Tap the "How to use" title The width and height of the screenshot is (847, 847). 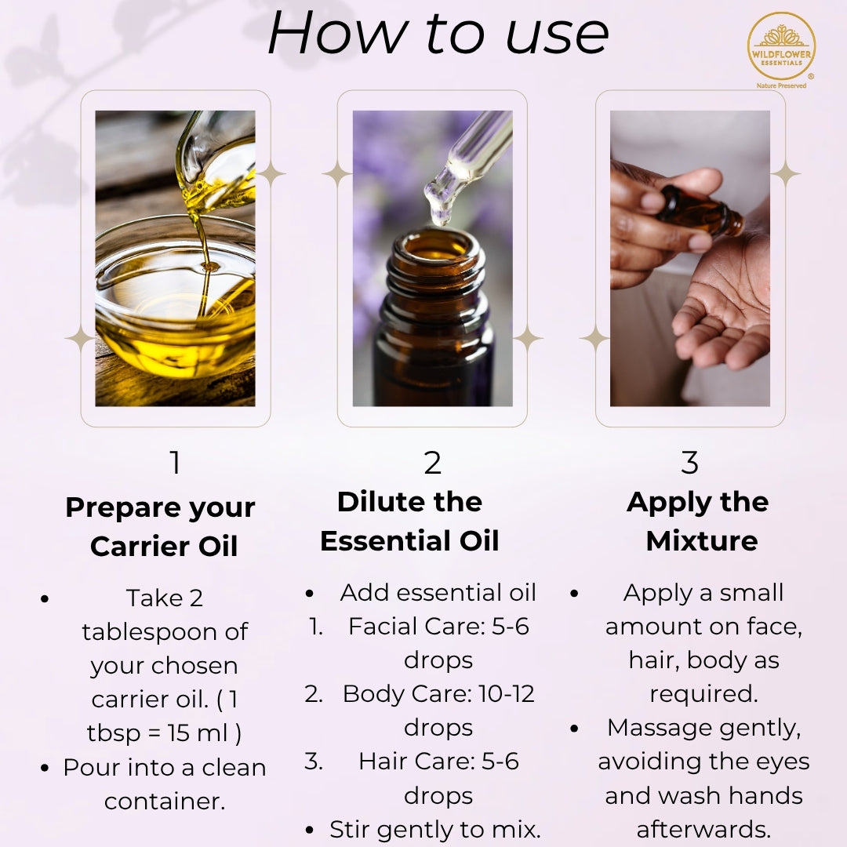(438, 33)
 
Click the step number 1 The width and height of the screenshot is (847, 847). (175, 463)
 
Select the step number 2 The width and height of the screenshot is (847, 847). (432, 463)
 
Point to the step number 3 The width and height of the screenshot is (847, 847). (689, 463)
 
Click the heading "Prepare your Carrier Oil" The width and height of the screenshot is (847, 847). (161, 526)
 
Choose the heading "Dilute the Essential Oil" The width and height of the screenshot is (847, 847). (409, 521)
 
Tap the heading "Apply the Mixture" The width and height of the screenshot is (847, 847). (698, 521)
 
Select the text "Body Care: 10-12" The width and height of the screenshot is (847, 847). (438, 694)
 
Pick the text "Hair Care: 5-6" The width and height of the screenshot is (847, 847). (438, 762)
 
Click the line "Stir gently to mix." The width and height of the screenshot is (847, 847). (434, 829)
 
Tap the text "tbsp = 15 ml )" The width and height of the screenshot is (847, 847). (164, 733)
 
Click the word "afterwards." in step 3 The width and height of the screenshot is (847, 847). (703, 829)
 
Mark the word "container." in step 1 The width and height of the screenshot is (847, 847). (164, 801)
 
